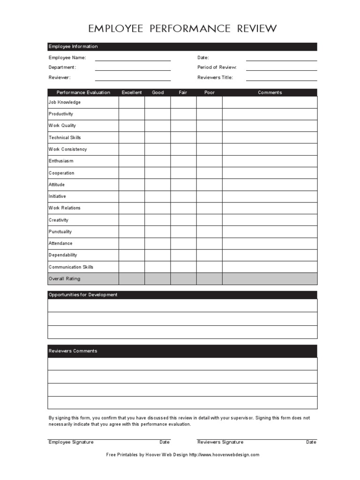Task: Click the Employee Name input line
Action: coord(133,58)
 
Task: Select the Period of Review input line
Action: coord(281,68)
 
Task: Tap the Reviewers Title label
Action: coord(215,78)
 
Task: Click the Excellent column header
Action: coord(132,93)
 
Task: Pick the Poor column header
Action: coord(210,93)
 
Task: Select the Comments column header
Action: coord(270,93)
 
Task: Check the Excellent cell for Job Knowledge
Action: coord(132,102)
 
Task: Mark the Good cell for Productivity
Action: coord(157,114)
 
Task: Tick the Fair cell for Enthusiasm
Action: coord(183,161)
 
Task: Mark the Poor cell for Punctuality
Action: coord(210,232)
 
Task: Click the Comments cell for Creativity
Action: coord(270,220)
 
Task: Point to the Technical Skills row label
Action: coord(65,138)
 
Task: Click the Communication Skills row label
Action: coord(71,267)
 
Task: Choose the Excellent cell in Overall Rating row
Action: coord(132,279)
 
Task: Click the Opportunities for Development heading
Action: coord(83,295)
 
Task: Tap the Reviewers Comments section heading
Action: coord(73,351)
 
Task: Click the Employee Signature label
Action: coord(71,442)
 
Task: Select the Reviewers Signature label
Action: coord(220,442)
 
